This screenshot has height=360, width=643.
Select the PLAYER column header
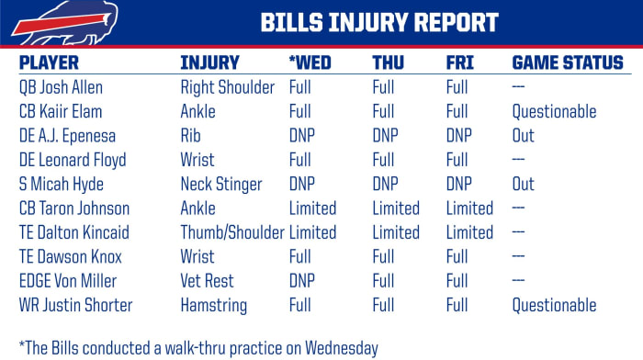point(49,63)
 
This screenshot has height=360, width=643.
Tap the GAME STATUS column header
point(567,63)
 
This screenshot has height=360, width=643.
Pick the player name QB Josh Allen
point(61,88)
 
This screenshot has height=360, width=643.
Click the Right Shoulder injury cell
point(228,88)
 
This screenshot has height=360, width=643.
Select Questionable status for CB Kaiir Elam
point(553,112)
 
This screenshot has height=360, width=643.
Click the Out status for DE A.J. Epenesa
point(523,136)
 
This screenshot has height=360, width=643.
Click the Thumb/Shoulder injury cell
point(232,232)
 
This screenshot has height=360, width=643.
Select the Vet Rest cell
point(209,281)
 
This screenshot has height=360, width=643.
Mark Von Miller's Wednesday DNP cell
point(304,281)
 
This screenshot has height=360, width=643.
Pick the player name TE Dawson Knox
point(71,257)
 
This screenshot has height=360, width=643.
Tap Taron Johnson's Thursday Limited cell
point(396,208)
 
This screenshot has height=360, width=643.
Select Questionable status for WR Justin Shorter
point(553,305)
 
